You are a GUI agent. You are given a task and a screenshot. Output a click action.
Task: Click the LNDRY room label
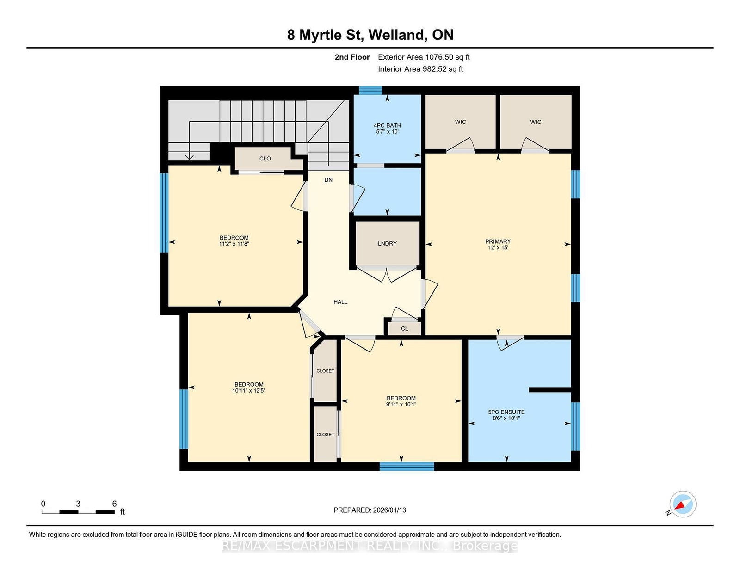coord(387,244)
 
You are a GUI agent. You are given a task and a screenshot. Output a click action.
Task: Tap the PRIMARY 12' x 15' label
coord(498,244)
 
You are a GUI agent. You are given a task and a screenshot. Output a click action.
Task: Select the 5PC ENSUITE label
coord(506,415)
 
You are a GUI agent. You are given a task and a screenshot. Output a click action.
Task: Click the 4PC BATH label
coord(387,128)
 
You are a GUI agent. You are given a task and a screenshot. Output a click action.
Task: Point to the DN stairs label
coord(328,180)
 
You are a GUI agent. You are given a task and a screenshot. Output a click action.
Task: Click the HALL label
coord(340,302)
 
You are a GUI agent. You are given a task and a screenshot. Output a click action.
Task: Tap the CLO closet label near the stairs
coord(265,159)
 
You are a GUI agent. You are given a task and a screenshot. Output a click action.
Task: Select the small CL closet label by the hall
coord(405,329)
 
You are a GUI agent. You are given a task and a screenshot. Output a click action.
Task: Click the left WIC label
coord(460,122)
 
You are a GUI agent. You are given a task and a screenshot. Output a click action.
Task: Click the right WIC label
coord(536,122)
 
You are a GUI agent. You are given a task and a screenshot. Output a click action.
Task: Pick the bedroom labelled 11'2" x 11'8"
coord(234,240)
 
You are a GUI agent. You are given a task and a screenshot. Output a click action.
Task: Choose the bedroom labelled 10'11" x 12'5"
coord(249,387)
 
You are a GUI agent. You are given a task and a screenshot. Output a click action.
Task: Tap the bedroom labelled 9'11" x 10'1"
coord(401,401)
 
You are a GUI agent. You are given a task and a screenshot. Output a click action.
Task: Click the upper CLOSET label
coord(325,371)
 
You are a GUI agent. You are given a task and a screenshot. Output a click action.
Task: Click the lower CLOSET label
coord(325,434)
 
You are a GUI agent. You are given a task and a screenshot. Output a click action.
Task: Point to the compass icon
coord(682,504)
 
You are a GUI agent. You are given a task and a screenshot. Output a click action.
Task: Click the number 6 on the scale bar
coord(114,504)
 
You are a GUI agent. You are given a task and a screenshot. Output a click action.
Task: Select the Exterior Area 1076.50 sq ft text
coord(424,57)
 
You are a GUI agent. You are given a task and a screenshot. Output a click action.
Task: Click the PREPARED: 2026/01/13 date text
coord(370,510)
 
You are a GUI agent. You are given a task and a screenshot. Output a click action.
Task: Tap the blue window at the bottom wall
coord(407,467)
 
